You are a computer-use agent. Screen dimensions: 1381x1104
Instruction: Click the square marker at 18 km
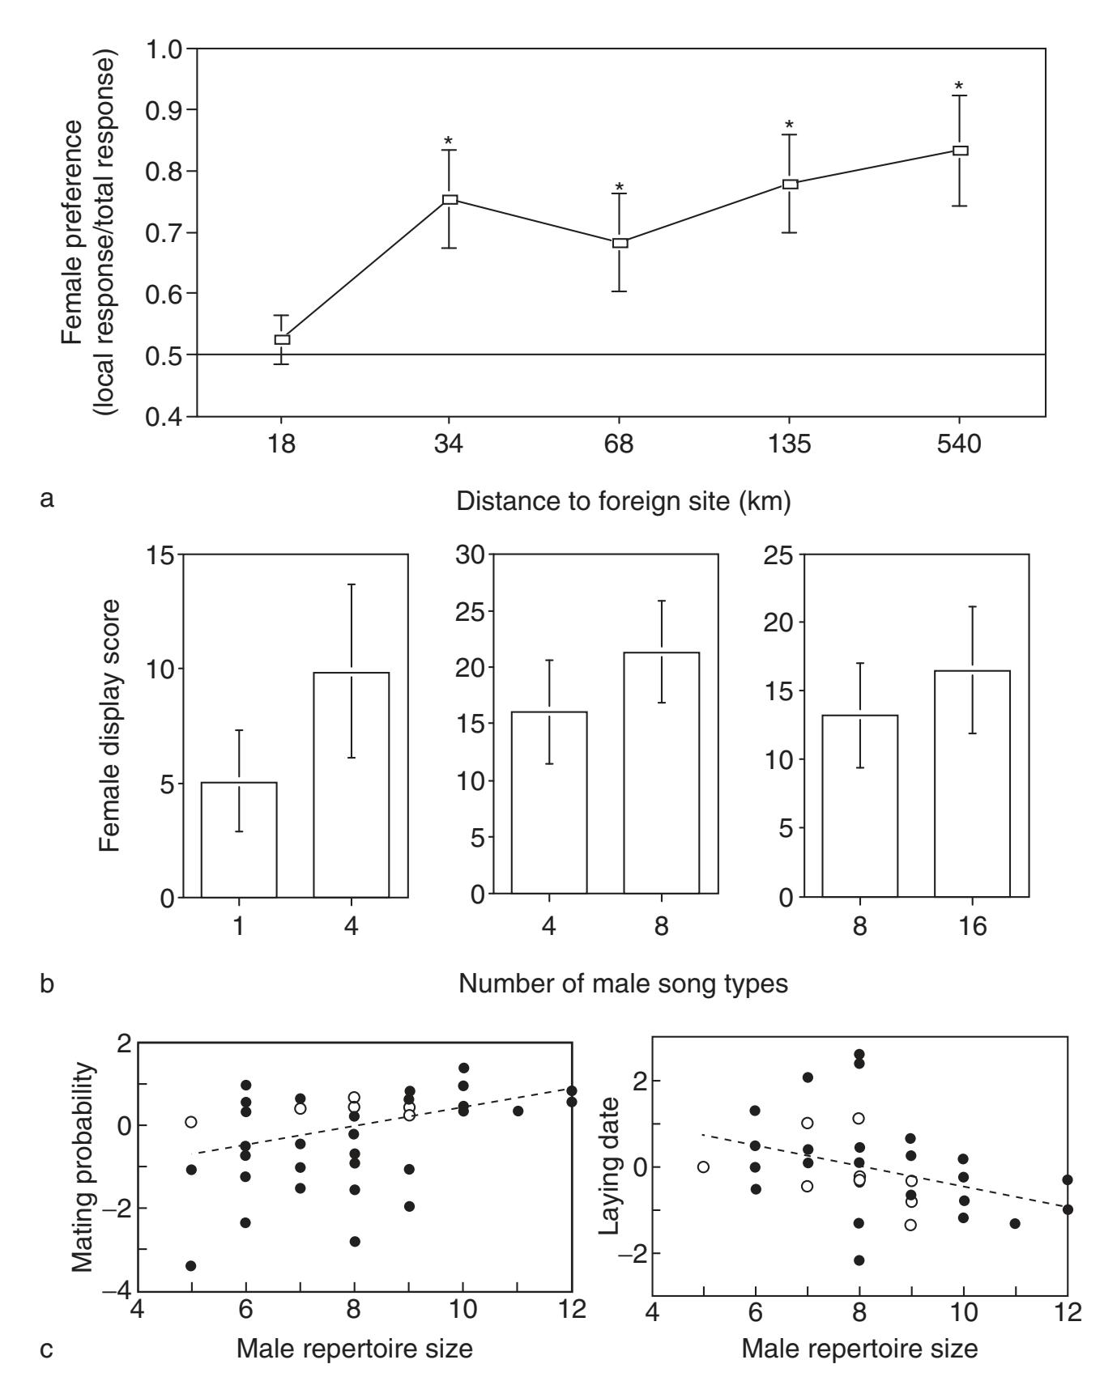pyautogui.click(x=282, y=340)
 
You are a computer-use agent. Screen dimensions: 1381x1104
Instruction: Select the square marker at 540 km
pyautogui.click(x=961, y=151)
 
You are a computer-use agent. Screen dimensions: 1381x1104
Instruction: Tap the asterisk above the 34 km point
pyautogui.click(x=449, y=142)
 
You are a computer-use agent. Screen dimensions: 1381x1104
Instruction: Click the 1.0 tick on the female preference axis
pyautogui.click(x=164, y=49)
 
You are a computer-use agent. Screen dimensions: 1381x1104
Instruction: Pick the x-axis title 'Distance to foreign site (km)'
pyautogui.click(x=624, y=501)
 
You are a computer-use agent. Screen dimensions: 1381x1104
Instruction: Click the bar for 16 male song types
pyautogui.click(x=972, y=784)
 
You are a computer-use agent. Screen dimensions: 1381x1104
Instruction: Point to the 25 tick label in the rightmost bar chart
pyautogui.click(x=778, y=555)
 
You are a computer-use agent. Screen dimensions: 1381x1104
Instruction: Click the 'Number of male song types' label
pyautogui.click(x=624, y=984)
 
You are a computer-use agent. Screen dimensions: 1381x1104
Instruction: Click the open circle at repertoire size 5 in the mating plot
pyautogui.click(x=191, y=1122)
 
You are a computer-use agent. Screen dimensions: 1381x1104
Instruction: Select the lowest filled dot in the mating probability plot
pyautogui.click(x=191, y=1265)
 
